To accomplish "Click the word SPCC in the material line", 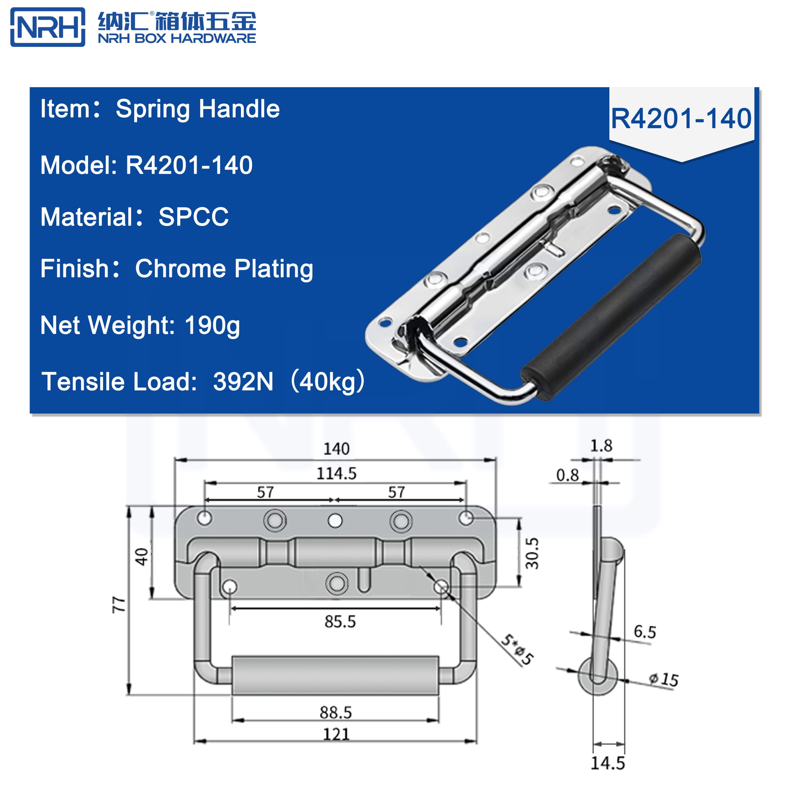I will click(193, 217).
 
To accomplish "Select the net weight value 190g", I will click(212, 325).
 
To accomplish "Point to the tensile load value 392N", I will click(243, 382).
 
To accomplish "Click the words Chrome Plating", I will click(224, 269).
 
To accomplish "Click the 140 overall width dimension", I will click(336, 449).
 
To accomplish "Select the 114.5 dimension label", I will click(336, 474).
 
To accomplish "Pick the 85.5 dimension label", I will click(340, 622).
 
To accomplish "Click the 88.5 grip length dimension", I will click(335, 712).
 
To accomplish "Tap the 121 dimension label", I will click(336, 734).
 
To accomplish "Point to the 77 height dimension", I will click(118, 604).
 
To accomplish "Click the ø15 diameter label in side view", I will click(664, 680).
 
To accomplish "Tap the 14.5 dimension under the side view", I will click(608, 763).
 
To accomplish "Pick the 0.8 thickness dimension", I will click(567, 475).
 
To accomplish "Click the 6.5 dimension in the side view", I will click(644, 632).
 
